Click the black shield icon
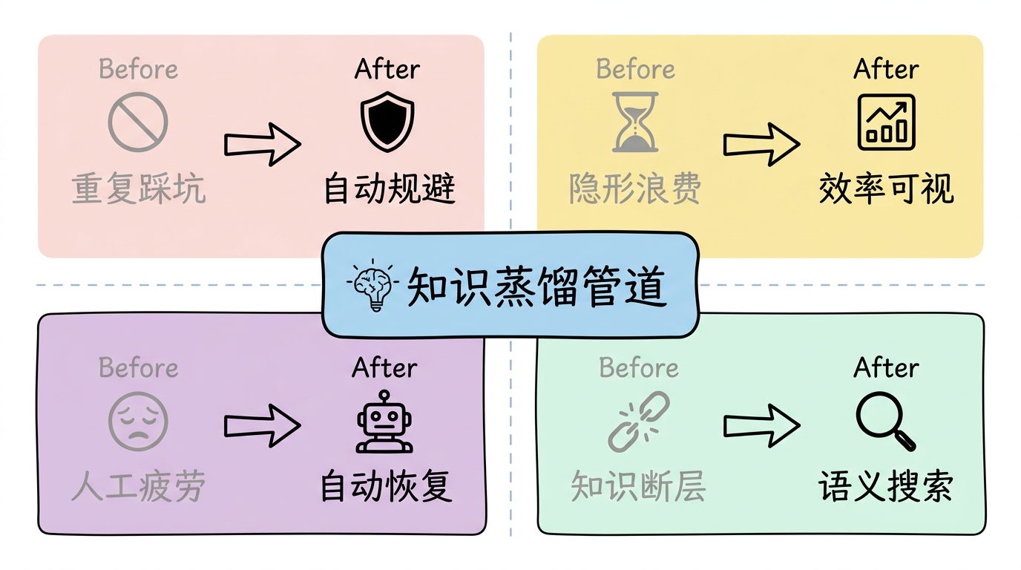click(387, 122)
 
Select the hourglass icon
click(635, 122)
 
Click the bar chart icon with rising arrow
click(886, 122)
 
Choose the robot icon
click(384, 422)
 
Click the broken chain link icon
click(638, 422)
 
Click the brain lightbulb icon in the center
click(372, 284)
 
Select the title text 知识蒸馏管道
click(537, 286)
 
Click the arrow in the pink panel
click(263, 144)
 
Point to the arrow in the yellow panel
click(761, 144)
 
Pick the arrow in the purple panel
click(263, 425)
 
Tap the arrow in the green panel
click(761, 425)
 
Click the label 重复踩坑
click(139, 189)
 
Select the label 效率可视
click(886, 189)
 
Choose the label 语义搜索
click(886, 486)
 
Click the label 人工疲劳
click(139, 486)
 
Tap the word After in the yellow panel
click(886, 69)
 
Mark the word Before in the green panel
click(639, 367)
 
